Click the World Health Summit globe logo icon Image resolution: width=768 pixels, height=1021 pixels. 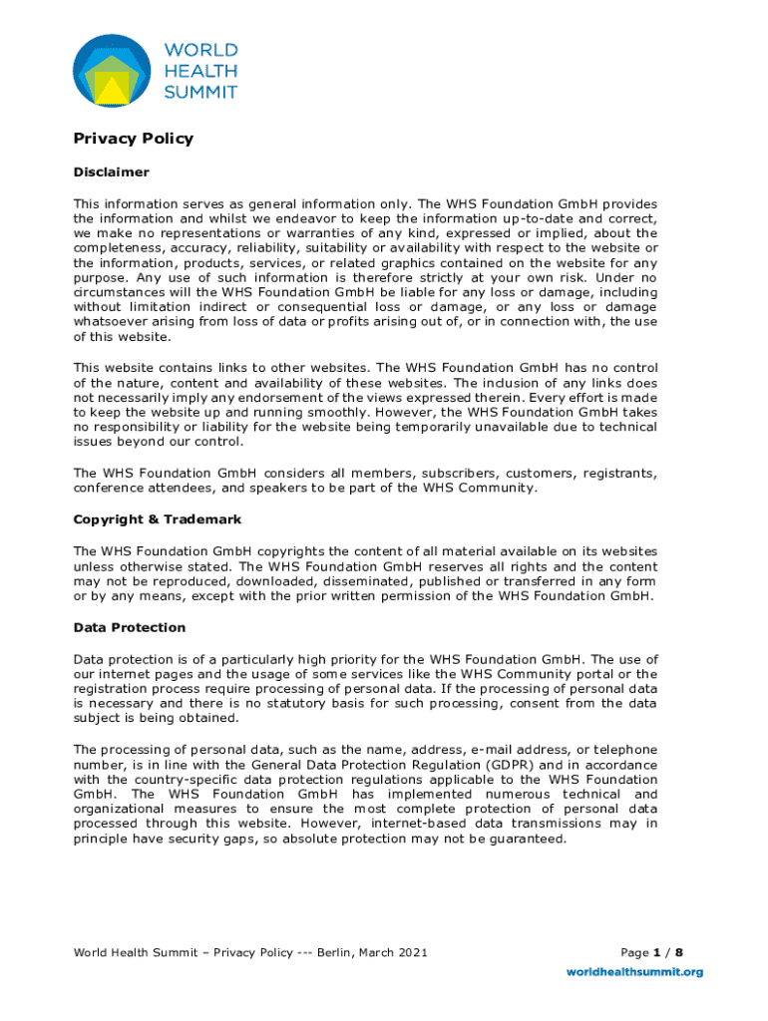tap(112, 71)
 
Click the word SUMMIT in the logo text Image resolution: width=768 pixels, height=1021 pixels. tap(200, 92)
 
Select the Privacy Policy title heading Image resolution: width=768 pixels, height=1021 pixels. tap(134, 139)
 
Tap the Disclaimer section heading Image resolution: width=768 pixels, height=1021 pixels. tap(112, 172)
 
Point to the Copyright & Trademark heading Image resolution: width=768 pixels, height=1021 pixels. tap(158, 519)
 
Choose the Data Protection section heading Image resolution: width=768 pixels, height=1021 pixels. tap(130, 627)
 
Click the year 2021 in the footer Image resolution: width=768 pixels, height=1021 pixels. tap(412, 952)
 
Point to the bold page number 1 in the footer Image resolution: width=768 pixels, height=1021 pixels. tap(656, 952)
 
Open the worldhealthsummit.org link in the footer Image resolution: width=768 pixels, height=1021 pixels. tap(635, 971)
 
